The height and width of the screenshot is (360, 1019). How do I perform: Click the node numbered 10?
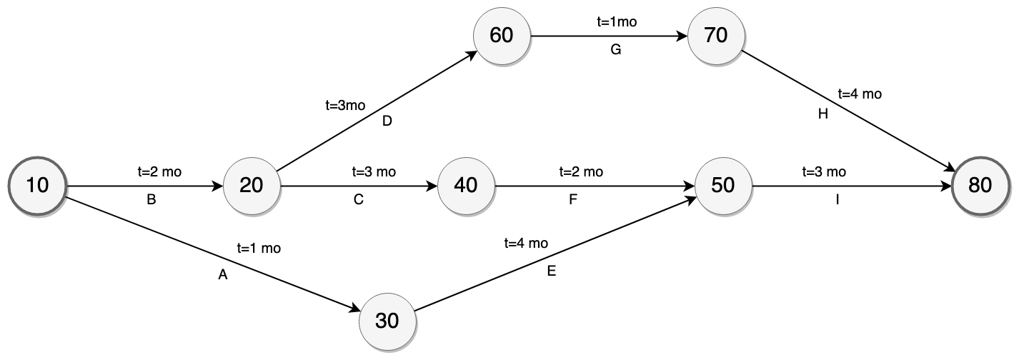36,186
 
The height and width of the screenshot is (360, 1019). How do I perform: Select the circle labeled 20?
251,186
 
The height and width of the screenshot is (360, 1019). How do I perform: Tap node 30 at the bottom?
387,321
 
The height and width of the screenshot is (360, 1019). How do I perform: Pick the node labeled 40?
465,186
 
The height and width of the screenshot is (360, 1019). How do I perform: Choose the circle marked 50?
722,186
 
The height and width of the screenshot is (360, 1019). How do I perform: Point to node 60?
501,36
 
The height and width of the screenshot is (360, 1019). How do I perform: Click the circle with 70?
715,36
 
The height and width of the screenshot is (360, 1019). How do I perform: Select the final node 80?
980,186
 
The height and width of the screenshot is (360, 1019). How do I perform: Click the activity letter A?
222,275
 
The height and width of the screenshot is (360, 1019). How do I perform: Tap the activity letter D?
387,121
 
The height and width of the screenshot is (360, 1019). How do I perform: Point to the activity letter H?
822,114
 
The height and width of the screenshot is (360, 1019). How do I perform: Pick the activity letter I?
837,201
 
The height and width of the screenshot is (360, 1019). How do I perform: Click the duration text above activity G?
616,21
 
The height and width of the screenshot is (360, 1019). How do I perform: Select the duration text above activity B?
159,171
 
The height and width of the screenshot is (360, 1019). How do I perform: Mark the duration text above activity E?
526,243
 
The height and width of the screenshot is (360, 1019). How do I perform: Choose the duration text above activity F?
580,171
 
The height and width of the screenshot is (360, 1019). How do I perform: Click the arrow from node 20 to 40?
357,187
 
